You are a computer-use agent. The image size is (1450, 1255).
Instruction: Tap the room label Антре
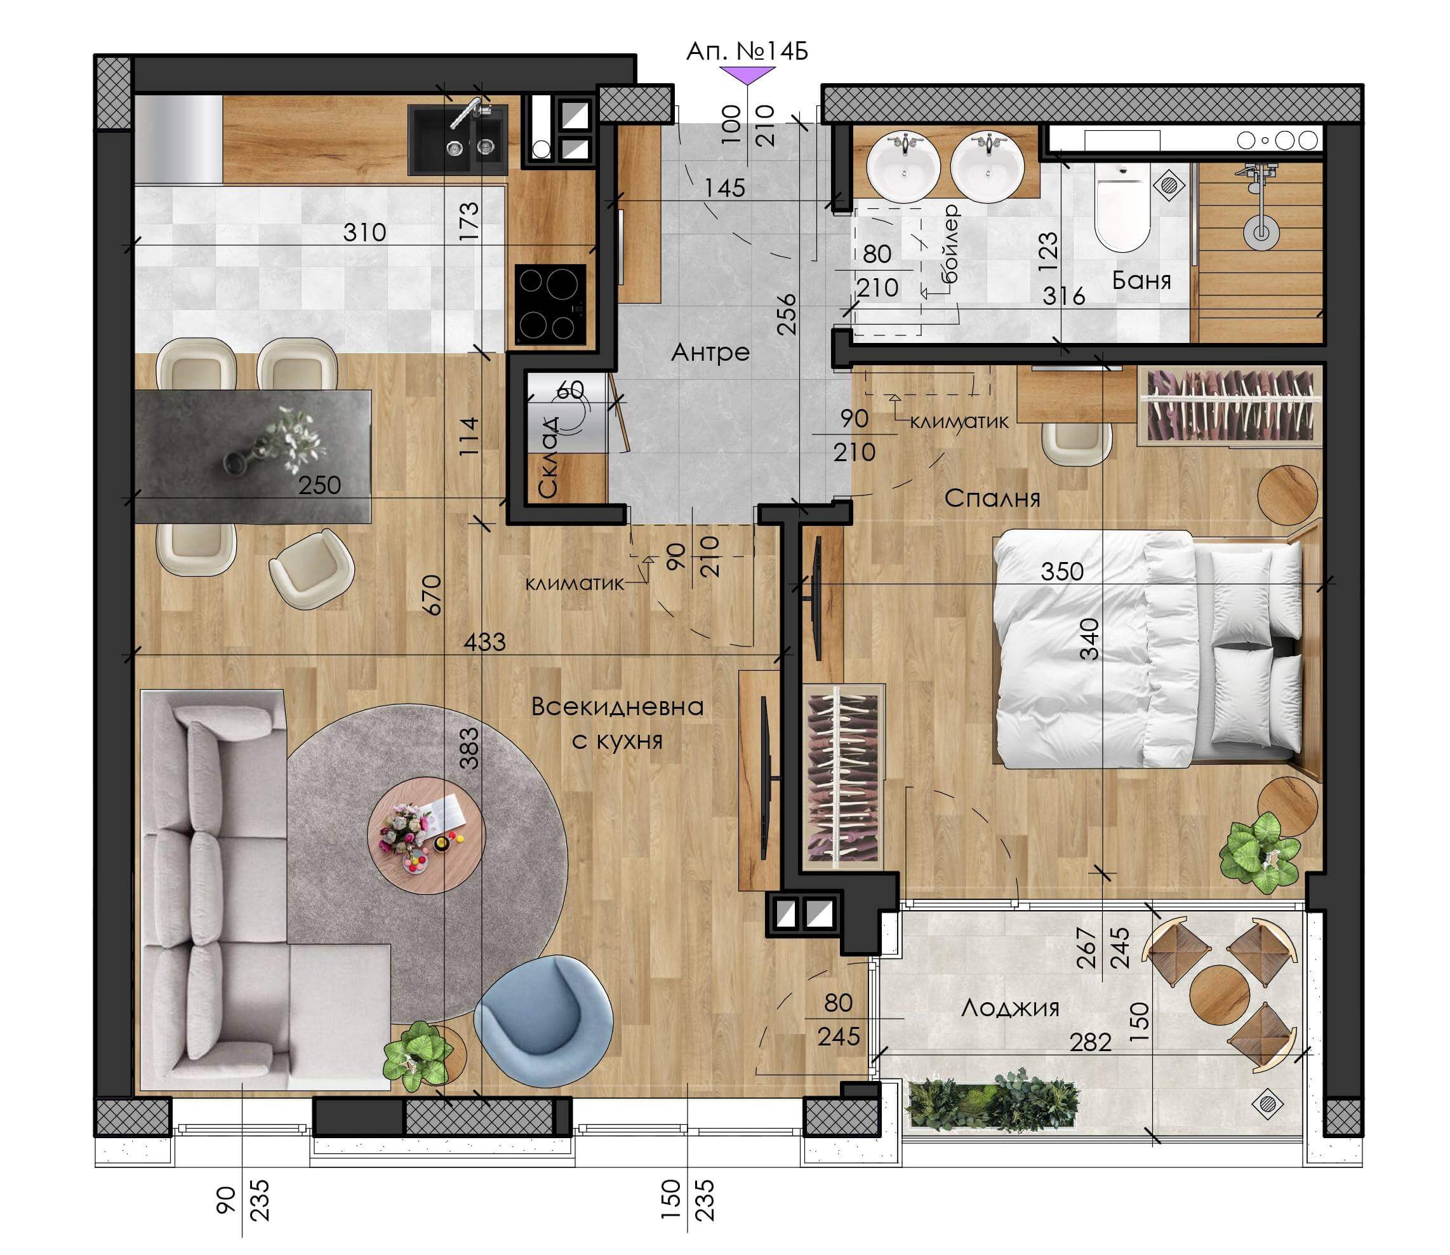[710, 352]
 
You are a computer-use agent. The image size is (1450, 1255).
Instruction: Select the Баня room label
[1141, 280]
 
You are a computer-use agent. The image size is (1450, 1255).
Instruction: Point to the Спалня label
[992, 498]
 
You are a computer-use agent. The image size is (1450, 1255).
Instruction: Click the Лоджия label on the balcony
[1009, 1008]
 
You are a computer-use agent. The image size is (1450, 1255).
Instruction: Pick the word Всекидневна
[618, 706]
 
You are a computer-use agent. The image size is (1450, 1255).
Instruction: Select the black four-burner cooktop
[550, 304]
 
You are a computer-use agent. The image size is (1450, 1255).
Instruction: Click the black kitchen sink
[458, 140]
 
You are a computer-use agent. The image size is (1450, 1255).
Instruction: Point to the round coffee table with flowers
[427, 835]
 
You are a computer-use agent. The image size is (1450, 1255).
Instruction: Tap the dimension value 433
[484, 641]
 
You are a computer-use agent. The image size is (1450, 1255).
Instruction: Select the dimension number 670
[434, 594]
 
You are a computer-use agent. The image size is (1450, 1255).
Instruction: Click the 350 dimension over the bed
[1061, 572]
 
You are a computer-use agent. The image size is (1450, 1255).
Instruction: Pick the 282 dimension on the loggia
[1090, 1043]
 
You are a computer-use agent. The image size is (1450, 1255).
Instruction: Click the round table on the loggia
[1220, 995]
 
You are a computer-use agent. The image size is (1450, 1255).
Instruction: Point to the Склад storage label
[549, 457]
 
